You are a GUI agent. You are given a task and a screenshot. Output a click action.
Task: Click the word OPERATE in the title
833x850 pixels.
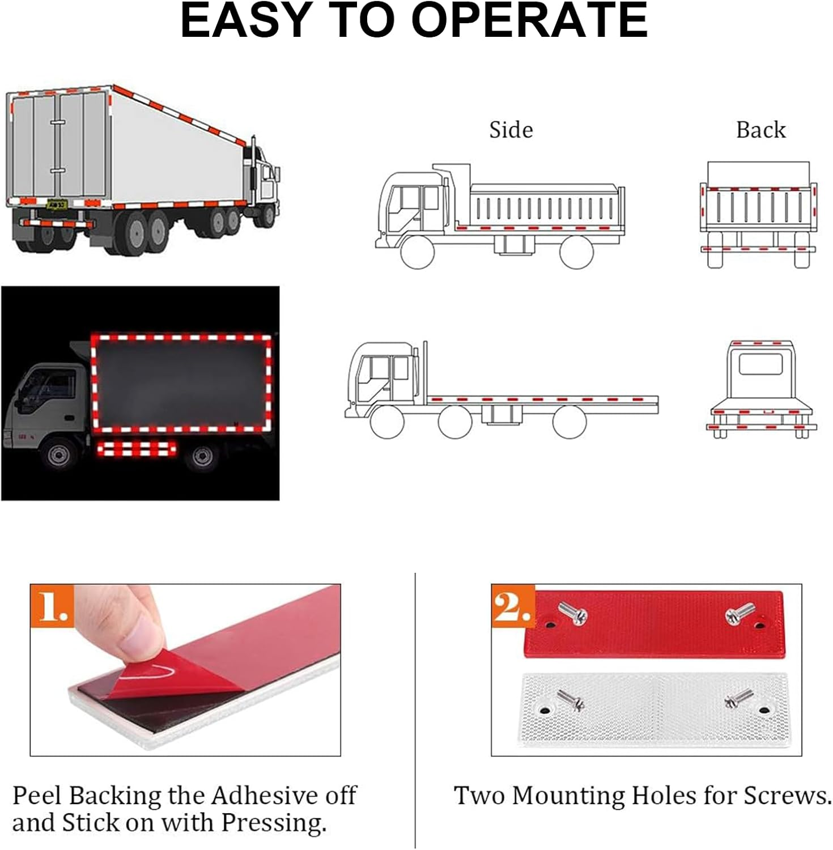click(530, 20)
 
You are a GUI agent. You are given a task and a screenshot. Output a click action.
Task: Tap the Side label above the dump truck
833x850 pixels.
click(511, 130)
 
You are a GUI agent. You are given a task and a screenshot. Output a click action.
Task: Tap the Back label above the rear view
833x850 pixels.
click(761, 130)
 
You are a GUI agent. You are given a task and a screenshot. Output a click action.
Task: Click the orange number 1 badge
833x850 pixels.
click(53, 606)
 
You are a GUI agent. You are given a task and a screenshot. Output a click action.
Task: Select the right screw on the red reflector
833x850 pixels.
click(740, 613)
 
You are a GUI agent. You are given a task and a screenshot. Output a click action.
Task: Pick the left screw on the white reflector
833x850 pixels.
click(570, 702)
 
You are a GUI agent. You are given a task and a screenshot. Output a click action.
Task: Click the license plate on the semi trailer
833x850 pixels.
click(57, 204)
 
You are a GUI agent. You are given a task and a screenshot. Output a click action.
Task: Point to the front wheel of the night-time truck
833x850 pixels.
click(57, 456)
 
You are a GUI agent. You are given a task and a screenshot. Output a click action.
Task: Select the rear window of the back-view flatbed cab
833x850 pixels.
click(760, 365)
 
